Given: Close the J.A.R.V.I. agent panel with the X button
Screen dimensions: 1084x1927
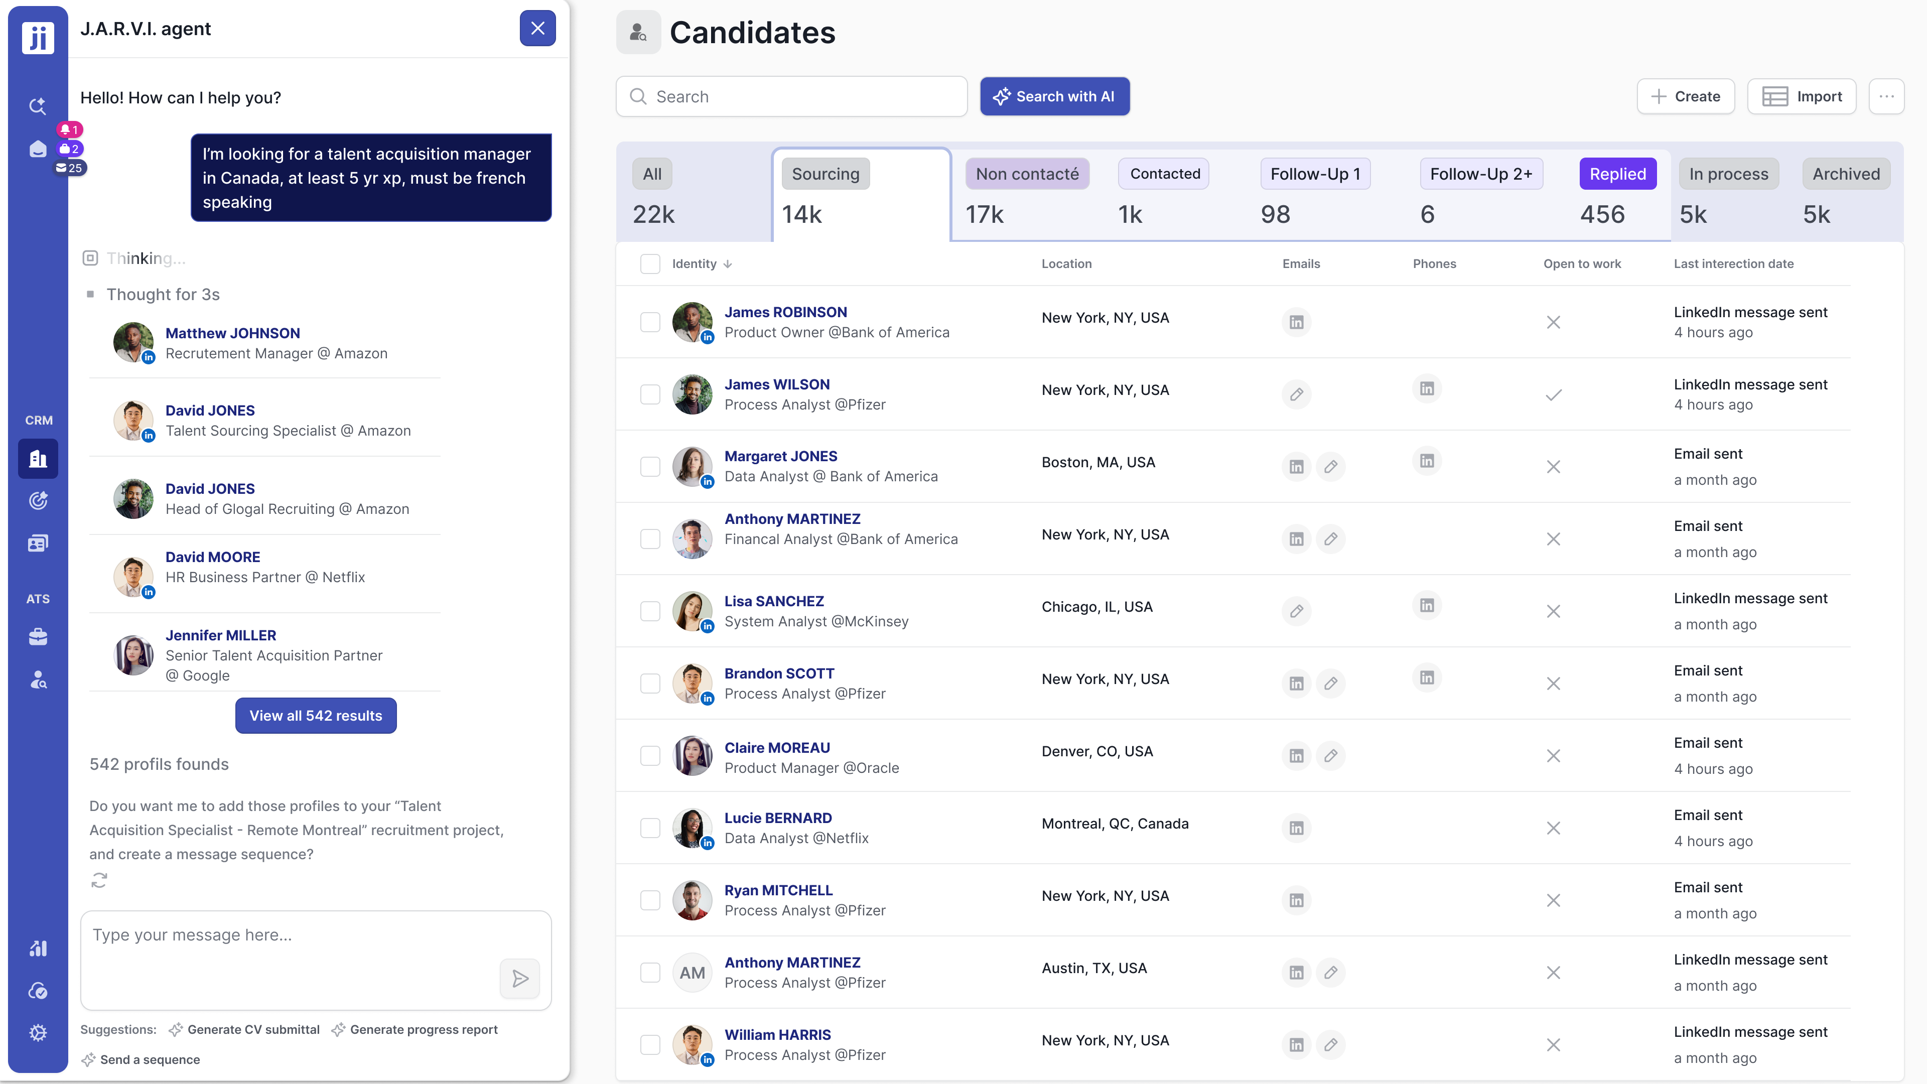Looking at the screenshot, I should pos(537,29).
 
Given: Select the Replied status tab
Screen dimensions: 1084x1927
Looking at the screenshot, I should pos(1617,174).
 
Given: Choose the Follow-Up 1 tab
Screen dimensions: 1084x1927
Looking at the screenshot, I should pos(1314,174).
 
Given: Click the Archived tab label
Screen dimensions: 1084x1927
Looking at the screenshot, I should pos(1846,174).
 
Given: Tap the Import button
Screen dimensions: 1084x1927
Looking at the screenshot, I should pos(1802,96).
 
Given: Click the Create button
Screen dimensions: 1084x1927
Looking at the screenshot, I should pos(1686,96).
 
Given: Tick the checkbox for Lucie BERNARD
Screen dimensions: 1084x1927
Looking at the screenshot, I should pos(650,828).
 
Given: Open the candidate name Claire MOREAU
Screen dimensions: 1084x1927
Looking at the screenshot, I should pos(776,747).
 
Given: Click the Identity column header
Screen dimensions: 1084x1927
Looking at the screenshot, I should pos(694,264).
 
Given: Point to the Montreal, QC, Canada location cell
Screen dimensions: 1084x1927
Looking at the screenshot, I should pos(1115,824).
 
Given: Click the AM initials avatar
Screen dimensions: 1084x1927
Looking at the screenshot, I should pos(692,973).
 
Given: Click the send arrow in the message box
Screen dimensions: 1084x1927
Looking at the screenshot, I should pos(520,979).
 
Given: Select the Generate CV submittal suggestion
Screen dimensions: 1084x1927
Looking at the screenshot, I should pos(253,1029).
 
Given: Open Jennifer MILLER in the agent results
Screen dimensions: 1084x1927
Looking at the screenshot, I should pos(221,635).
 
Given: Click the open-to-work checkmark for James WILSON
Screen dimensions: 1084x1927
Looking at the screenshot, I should pos(1553,395).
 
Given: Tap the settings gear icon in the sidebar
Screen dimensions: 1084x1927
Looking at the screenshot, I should pos(38,1033).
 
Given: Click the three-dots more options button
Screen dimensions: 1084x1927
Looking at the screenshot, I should pos(1886,96).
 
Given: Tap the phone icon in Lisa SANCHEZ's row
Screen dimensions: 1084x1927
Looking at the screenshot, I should pos(1427,605).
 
